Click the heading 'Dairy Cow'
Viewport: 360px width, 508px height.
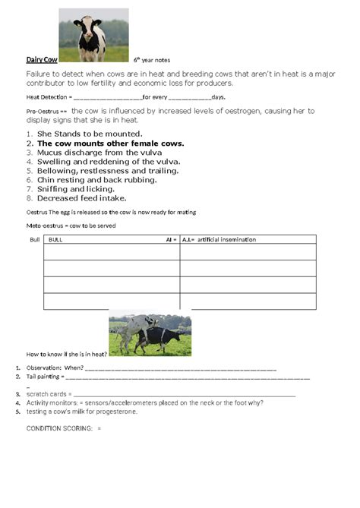[x=42, y=58]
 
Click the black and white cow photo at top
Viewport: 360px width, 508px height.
[x=93, y=35]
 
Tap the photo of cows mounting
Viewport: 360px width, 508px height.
[x=150, y=333]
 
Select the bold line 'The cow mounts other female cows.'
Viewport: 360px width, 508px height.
[x=110, y=143]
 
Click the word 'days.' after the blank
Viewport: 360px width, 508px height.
[x=218, y=98]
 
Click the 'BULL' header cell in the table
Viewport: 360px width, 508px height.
[x=56, y=239]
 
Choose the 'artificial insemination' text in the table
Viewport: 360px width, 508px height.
[x=226, y=239]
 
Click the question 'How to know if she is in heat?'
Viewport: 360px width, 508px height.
[x=67, y=354]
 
